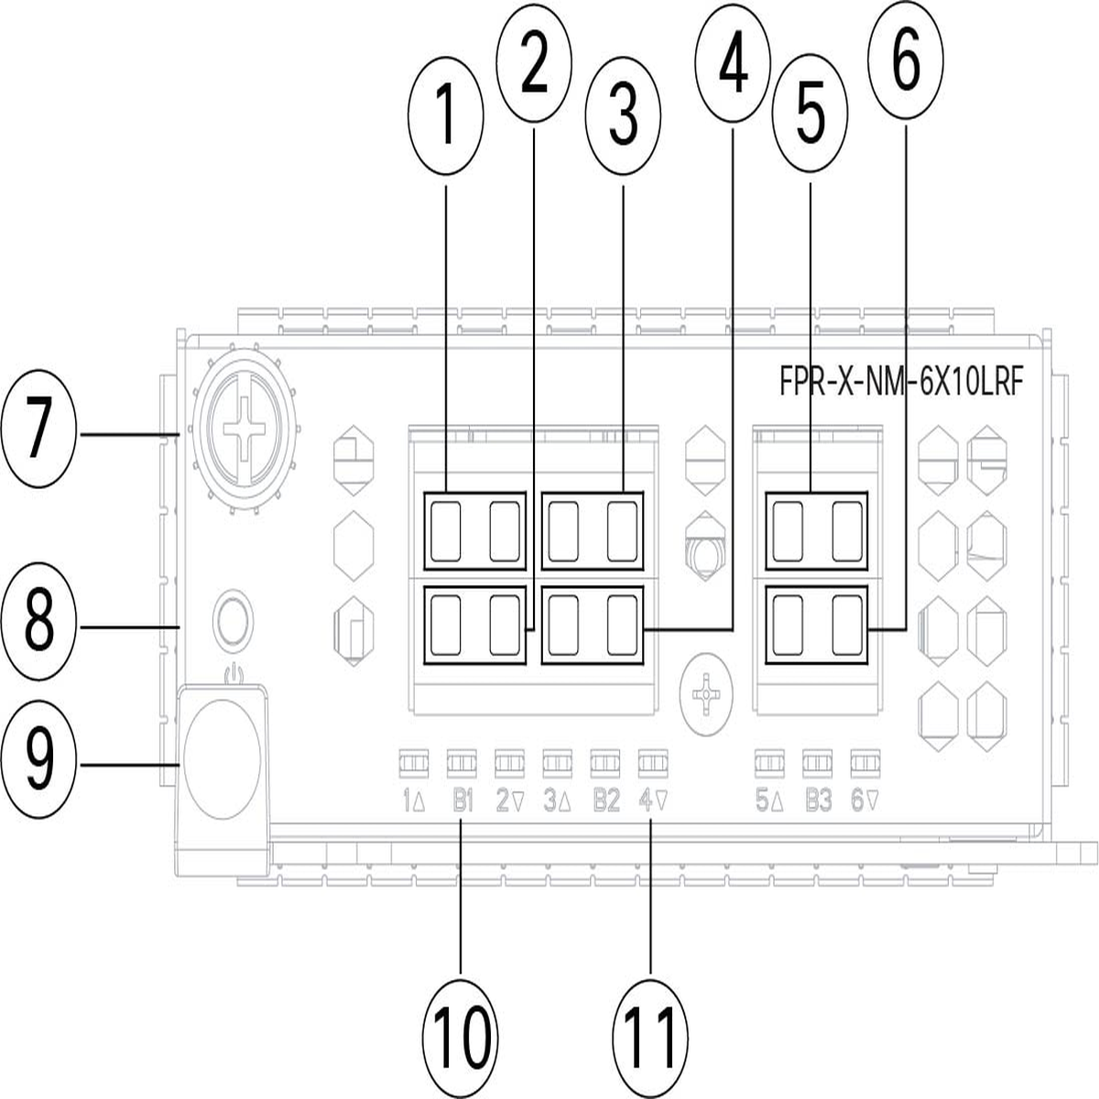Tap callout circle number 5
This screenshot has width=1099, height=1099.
(x=810, y=121)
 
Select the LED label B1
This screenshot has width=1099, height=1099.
(x=461, y=801)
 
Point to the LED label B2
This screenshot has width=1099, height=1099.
(x=605, y=801)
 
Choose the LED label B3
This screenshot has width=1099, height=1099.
(x=818, y=801)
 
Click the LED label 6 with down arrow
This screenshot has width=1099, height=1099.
(x=865, y=801)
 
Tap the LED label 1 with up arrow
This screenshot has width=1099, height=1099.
(x=413, y=801)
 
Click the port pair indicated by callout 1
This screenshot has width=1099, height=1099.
(x=475, y=530)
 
